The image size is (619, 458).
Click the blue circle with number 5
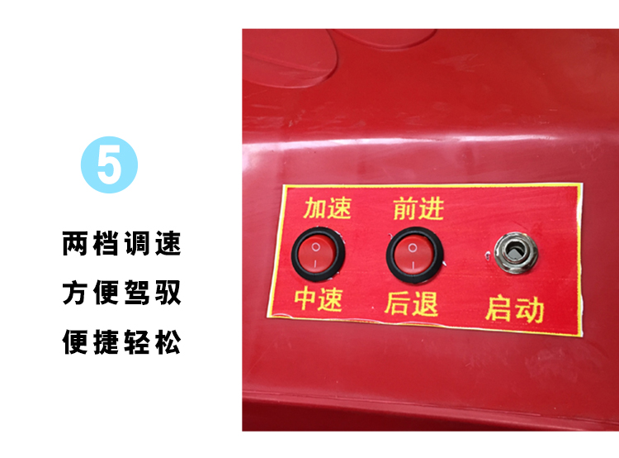109,165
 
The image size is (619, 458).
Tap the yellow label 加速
328,208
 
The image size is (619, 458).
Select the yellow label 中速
319,299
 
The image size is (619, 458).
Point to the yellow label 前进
418,208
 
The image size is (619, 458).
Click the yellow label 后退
411,303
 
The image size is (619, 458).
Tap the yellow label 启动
515,309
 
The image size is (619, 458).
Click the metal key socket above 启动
516,253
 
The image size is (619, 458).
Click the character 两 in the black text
75,243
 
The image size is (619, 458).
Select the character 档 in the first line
106,243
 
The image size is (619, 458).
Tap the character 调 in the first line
137,243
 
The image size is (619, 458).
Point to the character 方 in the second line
75,293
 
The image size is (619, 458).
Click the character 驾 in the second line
137,293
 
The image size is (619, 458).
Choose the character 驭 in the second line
168,293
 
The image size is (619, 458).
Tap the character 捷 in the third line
106,341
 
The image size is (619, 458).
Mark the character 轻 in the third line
137,341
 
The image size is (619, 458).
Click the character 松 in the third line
168,341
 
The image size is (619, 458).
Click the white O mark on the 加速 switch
315,247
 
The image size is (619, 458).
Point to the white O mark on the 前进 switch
413,247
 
